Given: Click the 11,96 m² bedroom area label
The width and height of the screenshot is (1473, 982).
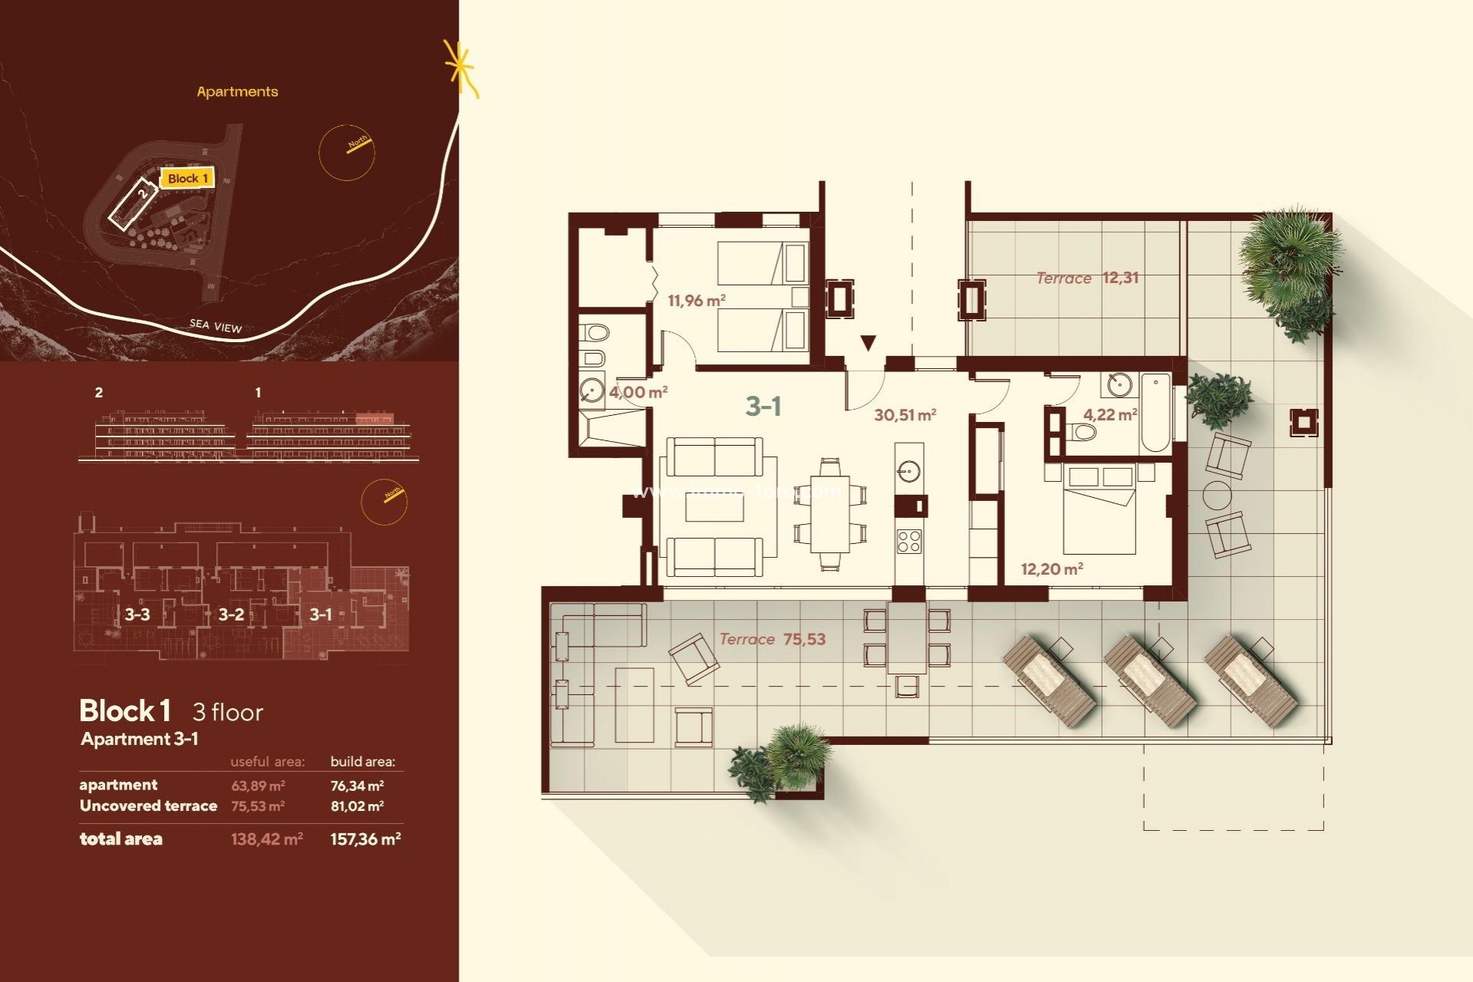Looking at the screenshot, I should point(696,301).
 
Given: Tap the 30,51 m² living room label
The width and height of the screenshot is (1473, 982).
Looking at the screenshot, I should point(905,415).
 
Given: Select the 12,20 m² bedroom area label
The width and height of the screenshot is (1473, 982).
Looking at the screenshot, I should point(1051,569).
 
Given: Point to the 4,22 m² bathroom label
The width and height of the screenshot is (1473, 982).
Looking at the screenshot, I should point(1109,415).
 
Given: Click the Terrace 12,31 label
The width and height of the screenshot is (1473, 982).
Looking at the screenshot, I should point(1087,278).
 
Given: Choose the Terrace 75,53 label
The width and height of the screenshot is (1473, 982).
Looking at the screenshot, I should point(772,639).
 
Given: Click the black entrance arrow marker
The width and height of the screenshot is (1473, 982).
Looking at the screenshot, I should point(868,343).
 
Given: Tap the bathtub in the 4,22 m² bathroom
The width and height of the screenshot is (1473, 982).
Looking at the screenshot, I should point(1155,414).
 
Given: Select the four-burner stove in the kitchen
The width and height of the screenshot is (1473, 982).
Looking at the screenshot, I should point(909,541).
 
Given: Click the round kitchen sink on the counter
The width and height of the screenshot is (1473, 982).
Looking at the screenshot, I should point(909,470).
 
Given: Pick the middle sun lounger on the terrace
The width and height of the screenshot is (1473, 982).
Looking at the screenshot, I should point(1148,680).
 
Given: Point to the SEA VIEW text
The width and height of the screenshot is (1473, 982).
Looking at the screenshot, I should point(216,326).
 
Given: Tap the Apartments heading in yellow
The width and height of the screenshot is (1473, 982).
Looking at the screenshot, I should point(237,92).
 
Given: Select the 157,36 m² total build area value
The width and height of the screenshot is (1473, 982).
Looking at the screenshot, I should point(365,839).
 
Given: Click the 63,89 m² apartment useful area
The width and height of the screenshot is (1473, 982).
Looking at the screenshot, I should point(258,786).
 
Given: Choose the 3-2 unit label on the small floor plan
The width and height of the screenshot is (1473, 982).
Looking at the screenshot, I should point(231,615).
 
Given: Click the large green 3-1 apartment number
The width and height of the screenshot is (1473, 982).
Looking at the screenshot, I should point(763,406).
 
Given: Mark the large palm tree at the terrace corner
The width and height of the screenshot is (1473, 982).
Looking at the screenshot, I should point(1289,253).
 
